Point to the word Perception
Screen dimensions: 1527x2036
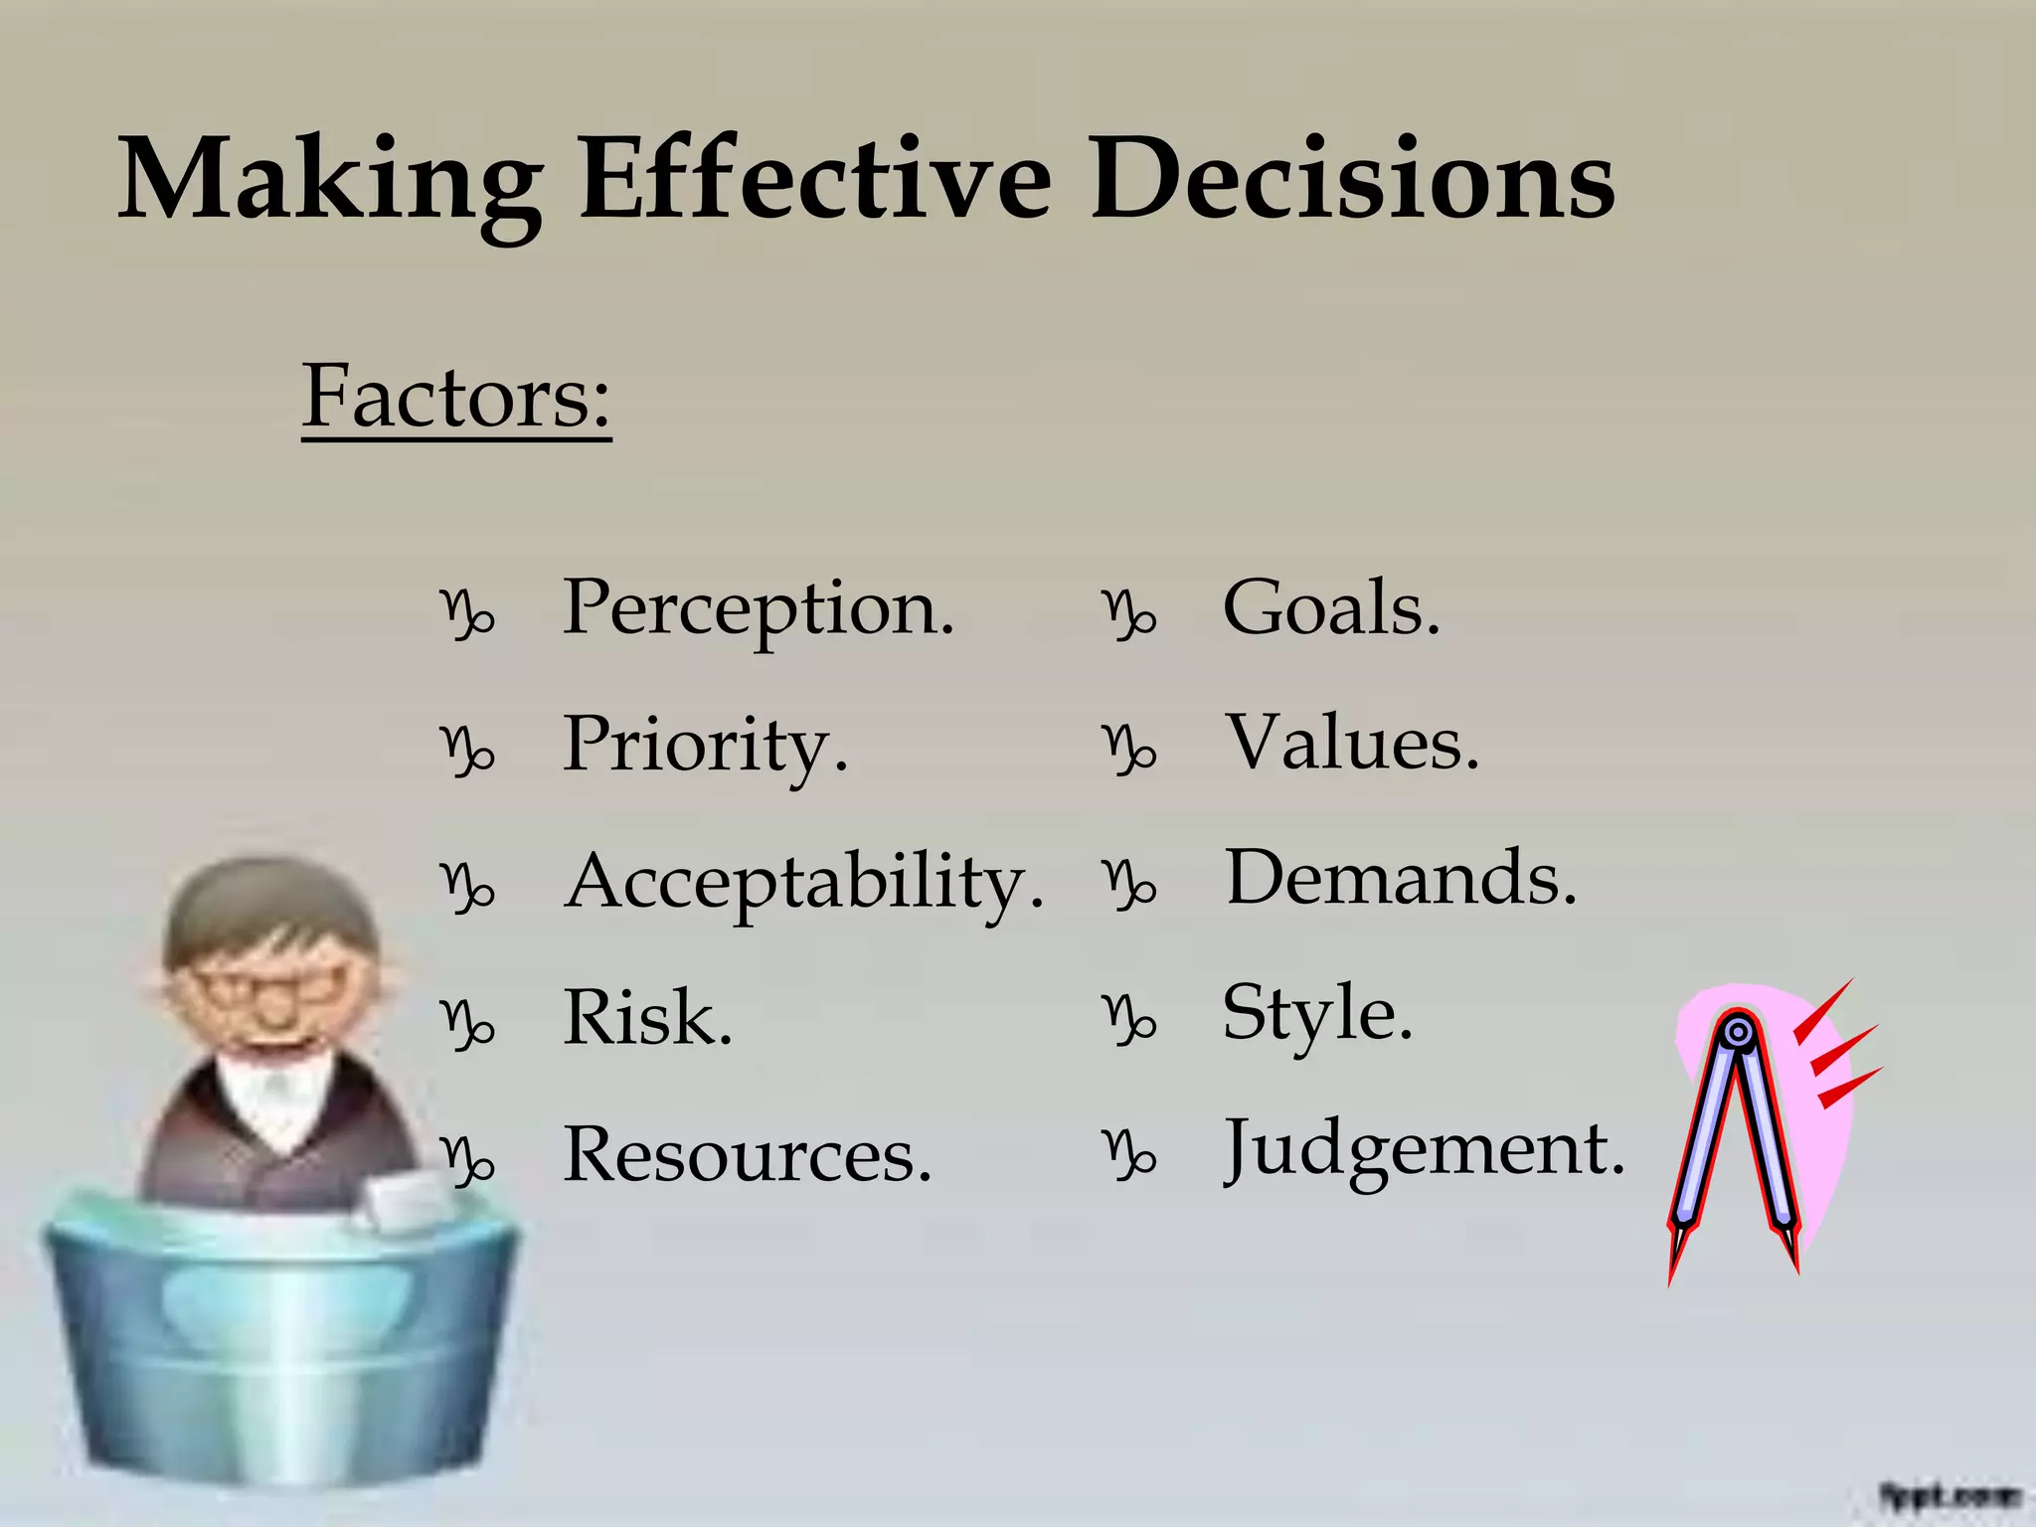[x=759, y=608]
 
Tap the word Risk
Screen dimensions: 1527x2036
[x=648, y=1018]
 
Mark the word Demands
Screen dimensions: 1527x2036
[x=1401, y=879]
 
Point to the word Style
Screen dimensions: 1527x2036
[x=1317, y=1014]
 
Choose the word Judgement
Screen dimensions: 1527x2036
[x=1424, y=1150]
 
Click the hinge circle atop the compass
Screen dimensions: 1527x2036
[x=1738, y=1033]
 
